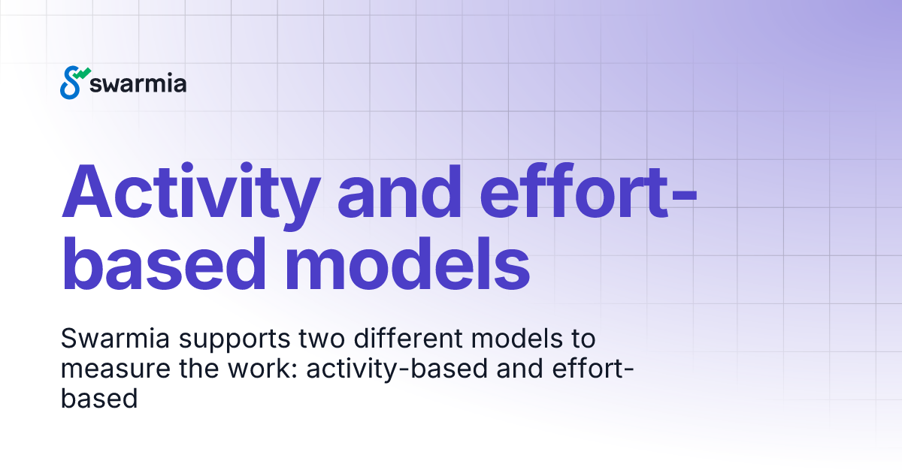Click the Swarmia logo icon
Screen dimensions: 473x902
tap(74, 82)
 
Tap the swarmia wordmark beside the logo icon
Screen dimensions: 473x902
tap(138, 83)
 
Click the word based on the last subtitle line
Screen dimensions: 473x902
tap(98, 398)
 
